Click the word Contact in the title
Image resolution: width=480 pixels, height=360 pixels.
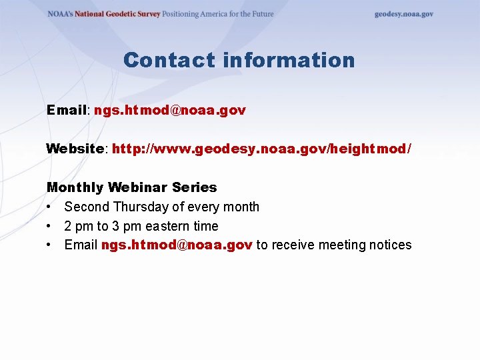point(169,61)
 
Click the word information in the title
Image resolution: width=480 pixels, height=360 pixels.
point(289,61)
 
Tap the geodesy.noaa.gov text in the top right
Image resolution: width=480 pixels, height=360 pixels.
point(403,14)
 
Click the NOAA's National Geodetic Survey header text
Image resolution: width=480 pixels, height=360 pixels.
point(103,14)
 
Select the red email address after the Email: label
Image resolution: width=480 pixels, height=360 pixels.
point(170,110)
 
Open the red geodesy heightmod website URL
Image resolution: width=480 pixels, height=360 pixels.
point(262,149)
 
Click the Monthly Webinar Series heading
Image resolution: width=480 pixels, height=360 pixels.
point(131,187)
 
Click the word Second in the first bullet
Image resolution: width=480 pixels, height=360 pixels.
point(87,207)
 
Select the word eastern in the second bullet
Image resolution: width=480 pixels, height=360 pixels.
point(164,226)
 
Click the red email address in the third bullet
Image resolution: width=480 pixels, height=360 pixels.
point(177,245)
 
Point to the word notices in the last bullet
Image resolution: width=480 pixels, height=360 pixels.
point(391,245)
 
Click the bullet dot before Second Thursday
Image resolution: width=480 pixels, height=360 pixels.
point(50,207)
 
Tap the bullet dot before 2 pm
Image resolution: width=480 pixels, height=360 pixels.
point(50,226)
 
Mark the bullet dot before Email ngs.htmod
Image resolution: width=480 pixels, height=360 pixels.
point(50,245)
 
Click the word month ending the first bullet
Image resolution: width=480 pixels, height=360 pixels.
point(241,207)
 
